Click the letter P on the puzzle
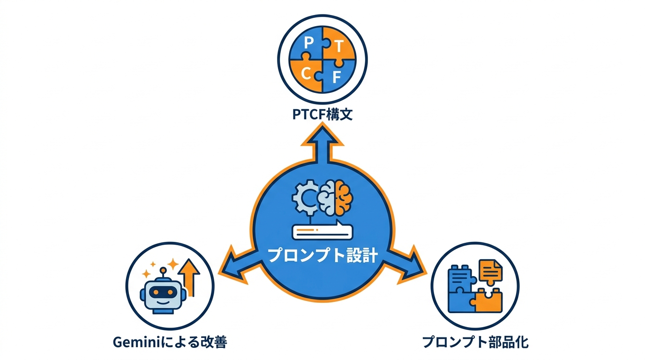pos(309,43)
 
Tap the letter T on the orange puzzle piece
pos(339,46)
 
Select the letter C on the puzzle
pos(306,74)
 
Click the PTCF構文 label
pos(322,114)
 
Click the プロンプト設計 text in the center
pos(322,255)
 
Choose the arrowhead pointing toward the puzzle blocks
pos(412,266)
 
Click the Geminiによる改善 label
pos(170,343)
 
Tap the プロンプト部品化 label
pos(475,343)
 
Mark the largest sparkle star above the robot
pos(173,264)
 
